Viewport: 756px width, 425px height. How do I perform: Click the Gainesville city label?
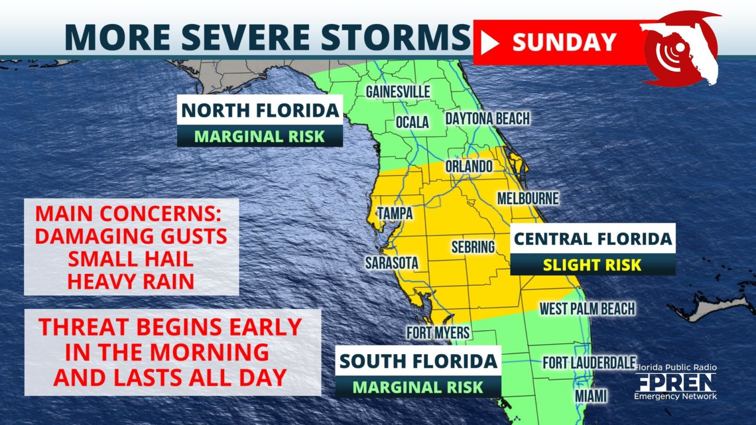point(398,91)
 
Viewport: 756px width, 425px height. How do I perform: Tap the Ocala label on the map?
point(412,121)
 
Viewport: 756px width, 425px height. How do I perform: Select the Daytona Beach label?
point(487,119)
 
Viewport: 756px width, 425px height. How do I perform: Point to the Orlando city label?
point(469,166)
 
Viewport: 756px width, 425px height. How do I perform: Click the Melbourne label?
point(528,198)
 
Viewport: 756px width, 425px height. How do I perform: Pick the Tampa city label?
point(395,213)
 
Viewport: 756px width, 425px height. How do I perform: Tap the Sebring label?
point(473,246)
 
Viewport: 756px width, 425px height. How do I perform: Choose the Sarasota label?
point(391,263)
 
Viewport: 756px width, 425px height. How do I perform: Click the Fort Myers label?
point(438,333)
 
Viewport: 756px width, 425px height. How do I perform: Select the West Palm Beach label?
point(587,308)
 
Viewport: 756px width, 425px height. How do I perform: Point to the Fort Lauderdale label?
point(589,363)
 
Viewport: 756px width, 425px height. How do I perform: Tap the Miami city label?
point(591,395)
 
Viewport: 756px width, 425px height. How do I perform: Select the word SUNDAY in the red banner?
point(564,42)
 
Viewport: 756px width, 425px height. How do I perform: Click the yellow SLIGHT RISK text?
point(592,265)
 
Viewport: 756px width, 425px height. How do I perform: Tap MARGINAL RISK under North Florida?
point(259,136)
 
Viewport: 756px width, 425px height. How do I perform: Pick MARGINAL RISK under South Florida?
point(418,387)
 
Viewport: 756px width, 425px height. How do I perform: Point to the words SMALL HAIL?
point(130,259)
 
